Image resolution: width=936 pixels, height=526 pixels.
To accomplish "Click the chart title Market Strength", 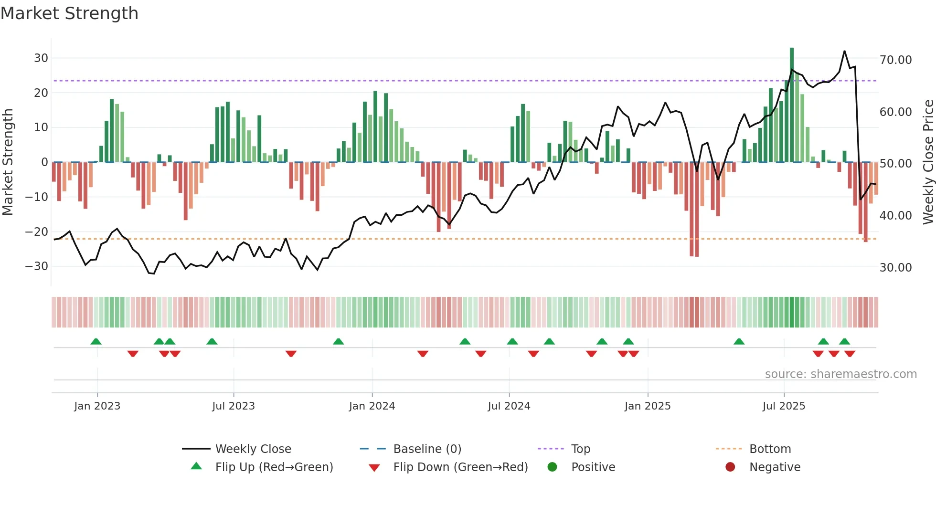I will point(69,13).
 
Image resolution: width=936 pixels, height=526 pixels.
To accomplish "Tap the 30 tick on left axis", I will point(41,58).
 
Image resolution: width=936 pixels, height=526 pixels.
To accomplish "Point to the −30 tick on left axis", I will point(37,266).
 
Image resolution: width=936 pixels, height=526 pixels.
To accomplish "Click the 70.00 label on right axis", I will point(895,60).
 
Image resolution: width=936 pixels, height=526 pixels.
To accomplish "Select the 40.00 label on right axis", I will point(895,216).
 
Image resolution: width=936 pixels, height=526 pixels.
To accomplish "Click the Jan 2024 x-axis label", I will point(372,406).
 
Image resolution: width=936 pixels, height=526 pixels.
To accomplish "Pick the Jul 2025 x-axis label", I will point(784,406).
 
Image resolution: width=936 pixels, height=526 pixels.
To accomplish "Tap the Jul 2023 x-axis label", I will point(234,406).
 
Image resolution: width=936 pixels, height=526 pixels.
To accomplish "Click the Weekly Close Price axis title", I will point(928,162).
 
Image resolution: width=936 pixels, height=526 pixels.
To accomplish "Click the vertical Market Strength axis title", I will point(8,162).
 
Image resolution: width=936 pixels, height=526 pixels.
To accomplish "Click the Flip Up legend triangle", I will point(196,466).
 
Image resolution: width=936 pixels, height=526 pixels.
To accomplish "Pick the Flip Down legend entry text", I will point(460,467).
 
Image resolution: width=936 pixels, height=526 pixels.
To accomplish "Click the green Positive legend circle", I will point(552,467).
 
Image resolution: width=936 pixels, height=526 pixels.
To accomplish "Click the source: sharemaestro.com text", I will point(840,374).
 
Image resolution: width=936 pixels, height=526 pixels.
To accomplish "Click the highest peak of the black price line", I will point(844,51).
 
